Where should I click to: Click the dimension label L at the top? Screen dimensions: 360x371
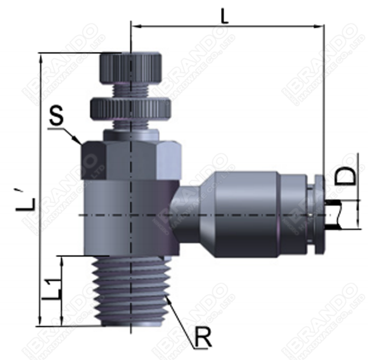pyautogui.click(x=225, y=14)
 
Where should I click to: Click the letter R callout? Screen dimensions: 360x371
pyautogui.click(x=203, y=338)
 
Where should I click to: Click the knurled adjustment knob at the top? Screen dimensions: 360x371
pyautogui.click(x=131, y=68)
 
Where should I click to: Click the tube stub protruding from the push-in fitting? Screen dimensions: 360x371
pyautogui.click(x=336, y=214)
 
